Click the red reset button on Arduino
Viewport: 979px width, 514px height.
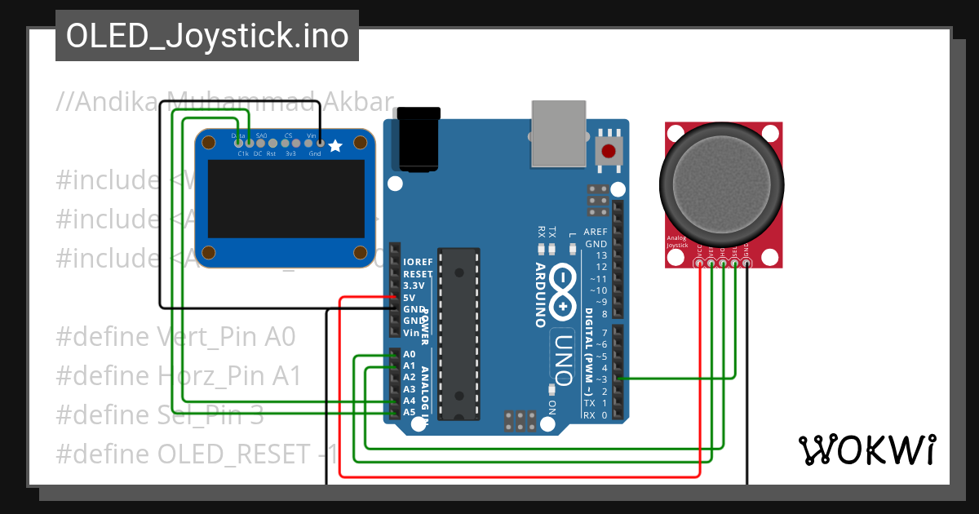608,151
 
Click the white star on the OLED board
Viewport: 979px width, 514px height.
334,145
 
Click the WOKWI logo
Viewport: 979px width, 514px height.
866,450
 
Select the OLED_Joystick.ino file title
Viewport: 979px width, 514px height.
207,36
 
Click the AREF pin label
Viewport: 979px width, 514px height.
596,232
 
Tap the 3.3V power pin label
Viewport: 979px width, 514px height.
414,286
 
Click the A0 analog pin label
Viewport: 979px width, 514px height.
410,355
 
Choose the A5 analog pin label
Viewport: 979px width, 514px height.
410,412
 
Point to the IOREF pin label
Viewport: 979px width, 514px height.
417,262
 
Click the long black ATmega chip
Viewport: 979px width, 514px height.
457,335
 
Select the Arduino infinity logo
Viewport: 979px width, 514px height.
564,291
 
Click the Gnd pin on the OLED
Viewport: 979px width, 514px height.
319,144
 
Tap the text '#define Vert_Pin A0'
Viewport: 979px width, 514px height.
175,336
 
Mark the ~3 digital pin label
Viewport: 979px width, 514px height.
602,379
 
